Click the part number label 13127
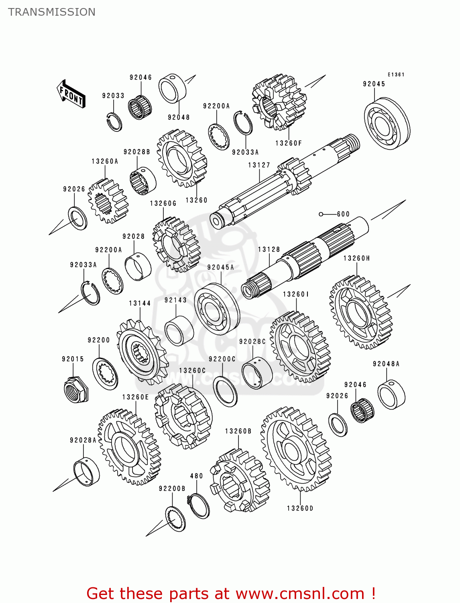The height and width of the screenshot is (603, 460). (x=259, y=165)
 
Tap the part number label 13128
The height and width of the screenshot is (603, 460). (x=269, y=250)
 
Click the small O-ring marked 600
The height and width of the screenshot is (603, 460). (x=321, y=214)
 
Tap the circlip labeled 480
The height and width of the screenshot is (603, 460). (x=199, y=505)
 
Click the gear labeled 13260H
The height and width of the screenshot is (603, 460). (x=360, y=312)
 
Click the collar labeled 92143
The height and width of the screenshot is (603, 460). (x=179, y=330)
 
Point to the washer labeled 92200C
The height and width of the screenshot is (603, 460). (x=225, y=391)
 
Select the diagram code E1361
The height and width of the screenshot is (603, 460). (x=396, y=74)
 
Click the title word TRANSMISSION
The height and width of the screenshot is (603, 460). (x=52, y=12)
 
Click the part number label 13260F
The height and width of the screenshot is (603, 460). (x=288, y=143)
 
